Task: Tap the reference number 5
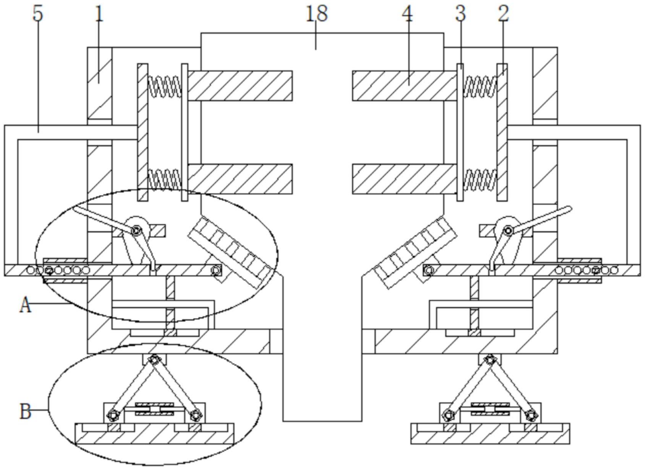coord(38,14)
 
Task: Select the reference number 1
coord(99,14)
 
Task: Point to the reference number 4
coord(407,14)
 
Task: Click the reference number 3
coord(460,14)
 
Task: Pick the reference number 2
coord(504,14)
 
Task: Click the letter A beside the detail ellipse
coord(25,305)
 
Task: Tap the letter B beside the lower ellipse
coord(25,412)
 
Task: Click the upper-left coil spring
coord(164,86)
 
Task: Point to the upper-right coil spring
coord(480,86)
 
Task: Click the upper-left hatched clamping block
coord(240,86)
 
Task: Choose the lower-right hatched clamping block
coord(404,179)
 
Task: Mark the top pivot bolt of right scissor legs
coord(489,359)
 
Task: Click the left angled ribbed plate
coord(231,252)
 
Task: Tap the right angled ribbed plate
coord(416,252)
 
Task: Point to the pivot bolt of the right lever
coord(508,230)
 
